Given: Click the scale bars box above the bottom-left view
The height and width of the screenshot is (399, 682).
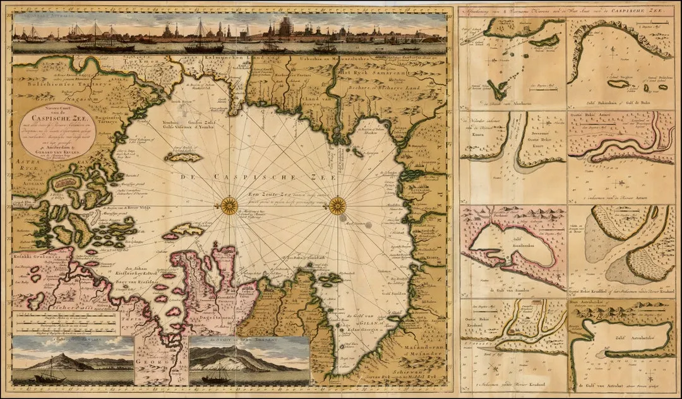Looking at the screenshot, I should [x=65, y=323].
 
